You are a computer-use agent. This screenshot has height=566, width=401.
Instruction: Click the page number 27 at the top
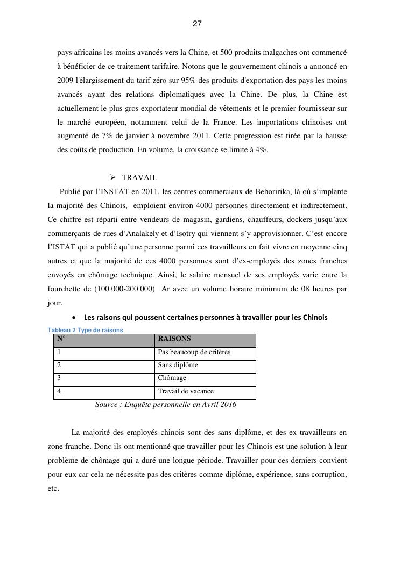(x=197, y=24)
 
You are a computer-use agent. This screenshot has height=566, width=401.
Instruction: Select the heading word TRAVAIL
(x=139, y=178)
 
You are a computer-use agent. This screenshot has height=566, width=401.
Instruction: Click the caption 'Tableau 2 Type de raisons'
(x=86, y=330)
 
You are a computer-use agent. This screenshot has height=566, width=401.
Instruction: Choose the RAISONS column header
(x=174, y=339)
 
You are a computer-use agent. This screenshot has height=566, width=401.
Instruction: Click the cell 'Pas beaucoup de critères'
(x=194, y=353)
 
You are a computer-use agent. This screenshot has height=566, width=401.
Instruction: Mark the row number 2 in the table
(x=59, y=366)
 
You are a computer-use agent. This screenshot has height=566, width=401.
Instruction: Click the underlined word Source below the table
(x=106, y=405)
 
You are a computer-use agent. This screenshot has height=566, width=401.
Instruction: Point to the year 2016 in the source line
(x=226, y=405)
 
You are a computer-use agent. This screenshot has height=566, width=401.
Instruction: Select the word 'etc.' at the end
(x=53, y=489)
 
